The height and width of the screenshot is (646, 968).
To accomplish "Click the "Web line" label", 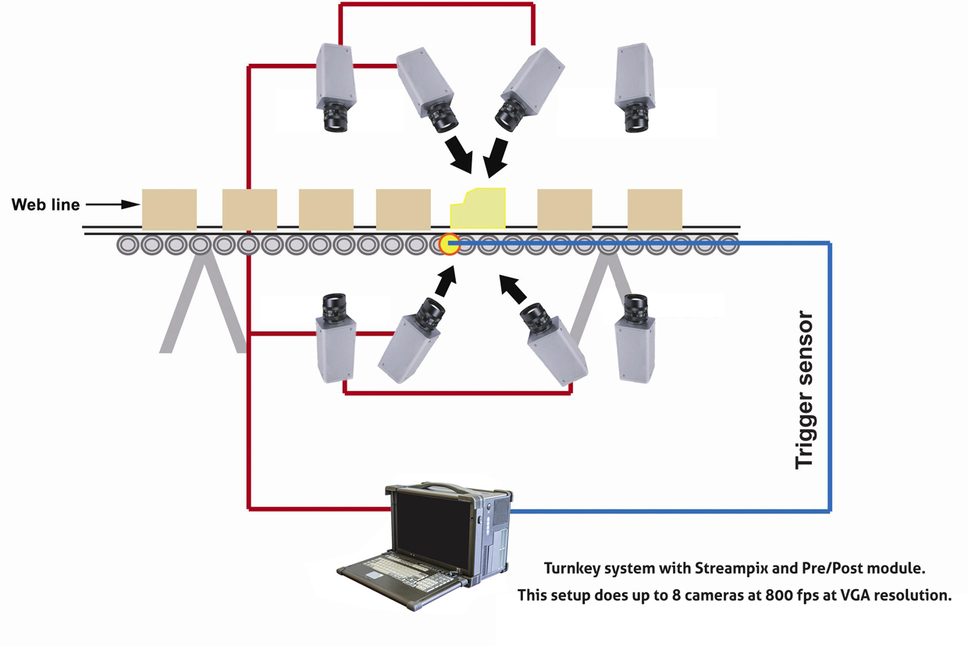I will pyautogui.click(x=45, y=205).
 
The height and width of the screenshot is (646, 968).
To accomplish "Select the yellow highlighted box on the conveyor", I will pyautogui.click(x=478, y=209).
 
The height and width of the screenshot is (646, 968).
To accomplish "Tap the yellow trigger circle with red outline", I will pyautogui.click(x=448, y=245).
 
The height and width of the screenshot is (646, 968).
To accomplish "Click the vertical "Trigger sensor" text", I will pyautogui.click(x=804, y=390).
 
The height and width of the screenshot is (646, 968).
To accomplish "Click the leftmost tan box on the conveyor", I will pyautogui.click(x=169, y=208).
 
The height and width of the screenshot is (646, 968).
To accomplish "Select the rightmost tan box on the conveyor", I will pyautogui.click(x=654, y=208).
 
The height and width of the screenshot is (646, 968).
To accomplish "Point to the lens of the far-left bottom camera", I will pyautogui.click(x=336, y=306).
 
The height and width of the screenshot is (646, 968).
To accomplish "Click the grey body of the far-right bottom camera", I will pyautogui.click(x=634, y=351).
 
